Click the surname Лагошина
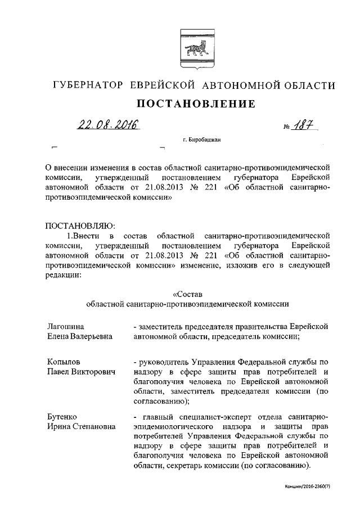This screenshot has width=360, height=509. point(65,326)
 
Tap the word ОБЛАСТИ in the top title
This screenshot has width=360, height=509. point(305,86)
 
